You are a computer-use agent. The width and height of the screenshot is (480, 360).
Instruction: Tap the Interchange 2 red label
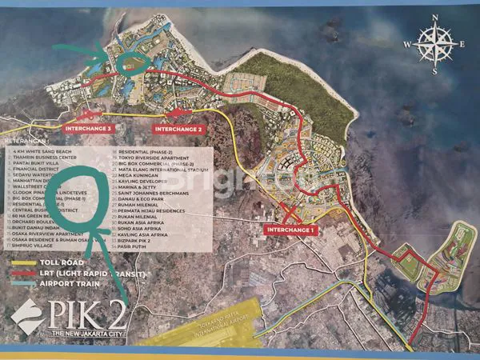179,129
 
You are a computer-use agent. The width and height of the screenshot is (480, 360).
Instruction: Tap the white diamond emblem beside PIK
27,318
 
